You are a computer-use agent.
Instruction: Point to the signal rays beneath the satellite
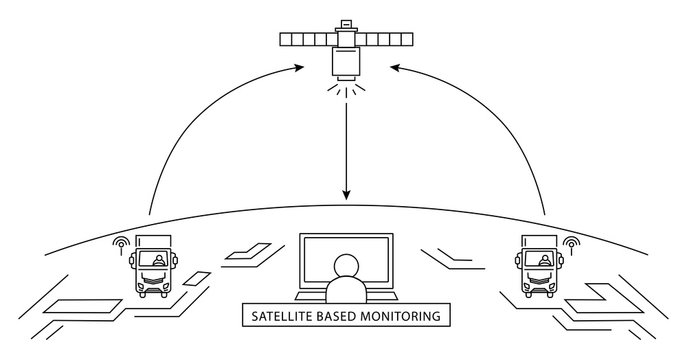tap(346, 89)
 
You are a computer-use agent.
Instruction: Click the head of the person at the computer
tap(346, 265)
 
